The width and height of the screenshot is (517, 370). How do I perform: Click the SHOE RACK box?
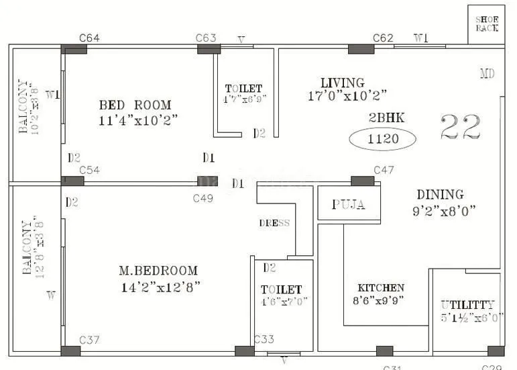[x=486, y=24]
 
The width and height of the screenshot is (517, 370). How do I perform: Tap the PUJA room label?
[x=349, y=205]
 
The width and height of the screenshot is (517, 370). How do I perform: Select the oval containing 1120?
[x=382, y=140]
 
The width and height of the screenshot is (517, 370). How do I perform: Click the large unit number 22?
[x=461, y=127]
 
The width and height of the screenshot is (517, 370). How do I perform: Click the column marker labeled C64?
[x=74, y=49]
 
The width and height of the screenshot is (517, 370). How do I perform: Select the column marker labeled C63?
[x=209, y=49]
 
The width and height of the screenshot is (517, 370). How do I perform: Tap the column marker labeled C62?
[x=361, y=49]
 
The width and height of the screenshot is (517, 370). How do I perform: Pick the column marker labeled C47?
[x=363, y=181]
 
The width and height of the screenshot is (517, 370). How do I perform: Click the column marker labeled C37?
[x=70, y=351]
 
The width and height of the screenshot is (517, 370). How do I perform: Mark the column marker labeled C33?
[x=245, y=351]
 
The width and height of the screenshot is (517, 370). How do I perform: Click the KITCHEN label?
[x=381, y=287]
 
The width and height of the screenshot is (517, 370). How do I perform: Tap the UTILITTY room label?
[x=468, y=304]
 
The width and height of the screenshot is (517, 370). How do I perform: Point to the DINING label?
[x=440, y=195]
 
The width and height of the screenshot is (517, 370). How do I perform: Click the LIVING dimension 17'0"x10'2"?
[x=347, y=95]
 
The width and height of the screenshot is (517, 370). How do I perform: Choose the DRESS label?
[x=274, y=223]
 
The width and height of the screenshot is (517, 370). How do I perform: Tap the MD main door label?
[x=487, y=73]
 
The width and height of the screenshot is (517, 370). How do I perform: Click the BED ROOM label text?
[x=135, y=105]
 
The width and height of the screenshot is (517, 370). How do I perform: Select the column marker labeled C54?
[x=73, y=181]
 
